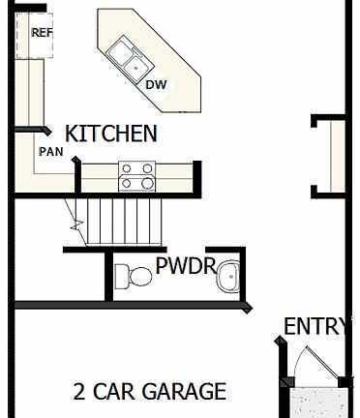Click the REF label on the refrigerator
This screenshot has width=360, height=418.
42,32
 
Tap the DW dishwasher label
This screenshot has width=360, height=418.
156,84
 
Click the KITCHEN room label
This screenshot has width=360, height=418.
110,134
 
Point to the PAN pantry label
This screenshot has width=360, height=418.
50,152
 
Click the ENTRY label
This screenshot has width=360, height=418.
315,326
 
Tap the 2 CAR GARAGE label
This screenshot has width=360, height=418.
150,392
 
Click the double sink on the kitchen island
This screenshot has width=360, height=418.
127,58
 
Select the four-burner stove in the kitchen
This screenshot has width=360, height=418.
136,175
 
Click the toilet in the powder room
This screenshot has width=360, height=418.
133,277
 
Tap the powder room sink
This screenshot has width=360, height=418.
228,277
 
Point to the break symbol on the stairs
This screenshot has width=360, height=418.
75,224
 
